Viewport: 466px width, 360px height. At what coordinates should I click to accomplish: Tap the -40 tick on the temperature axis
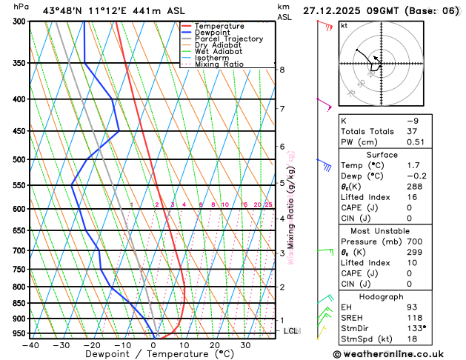(x=30, y=345)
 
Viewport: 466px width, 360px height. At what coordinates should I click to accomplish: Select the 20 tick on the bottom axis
(x=214, y=345)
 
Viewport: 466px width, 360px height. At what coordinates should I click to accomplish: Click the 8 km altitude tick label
(x=282, y=70)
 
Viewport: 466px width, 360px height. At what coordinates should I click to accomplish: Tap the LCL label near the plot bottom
(x=290, y=330)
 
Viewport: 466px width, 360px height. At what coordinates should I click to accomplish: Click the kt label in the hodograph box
(x=344, y=25)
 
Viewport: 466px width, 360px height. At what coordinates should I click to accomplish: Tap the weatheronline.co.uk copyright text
(x=397, y=354)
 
